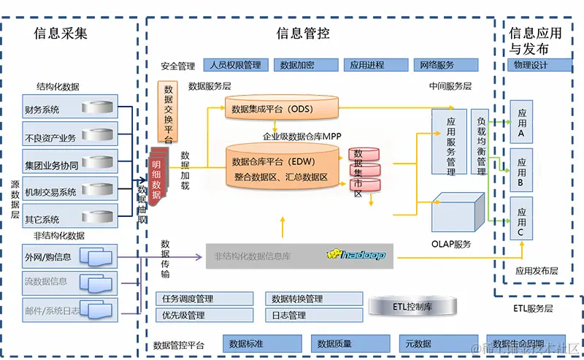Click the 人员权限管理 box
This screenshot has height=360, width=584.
click(234, 65)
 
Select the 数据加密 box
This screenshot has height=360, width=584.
click(305, 65)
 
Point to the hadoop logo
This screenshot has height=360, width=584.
click(356, 256)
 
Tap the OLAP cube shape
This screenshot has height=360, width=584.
click(457, 213)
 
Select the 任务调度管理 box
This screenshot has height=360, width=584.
click(204, 299)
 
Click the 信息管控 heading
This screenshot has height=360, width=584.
click(302, 33)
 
